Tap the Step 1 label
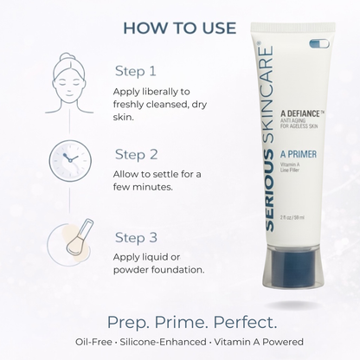[x=136, y=71]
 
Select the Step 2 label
[x=137, y=157]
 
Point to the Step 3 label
[x=137, y=236]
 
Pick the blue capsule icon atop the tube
[x=319, y=43]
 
